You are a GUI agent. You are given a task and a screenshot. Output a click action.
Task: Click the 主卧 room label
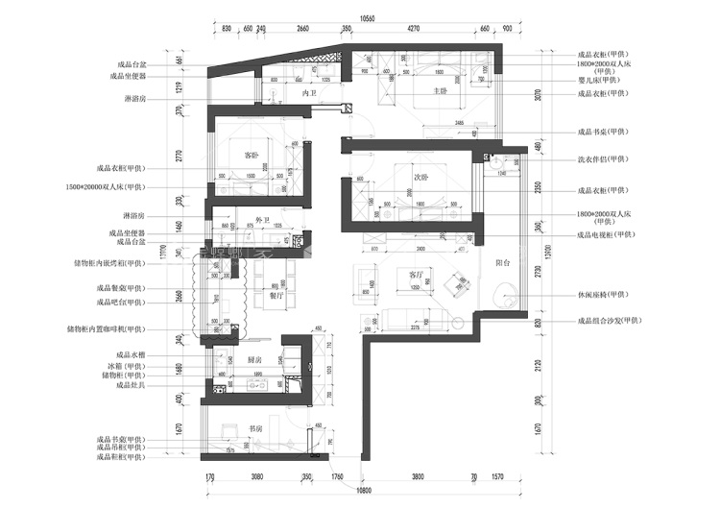click(x=441, y=92)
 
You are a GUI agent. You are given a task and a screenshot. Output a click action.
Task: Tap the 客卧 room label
click(x=252, y=155)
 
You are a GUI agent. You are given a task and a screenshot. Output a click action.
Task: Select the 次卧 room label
click(x=420, y=178)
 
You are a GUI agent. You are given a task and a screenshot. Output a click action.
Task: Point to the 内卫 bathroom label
click(x=309, y=94)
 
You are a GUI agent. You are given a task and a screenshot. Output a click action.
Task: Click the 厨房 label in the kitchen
click(x=255, y=359)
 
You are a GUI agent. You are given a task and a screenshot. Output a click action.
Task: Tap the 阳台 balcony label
click(x=501, y=261)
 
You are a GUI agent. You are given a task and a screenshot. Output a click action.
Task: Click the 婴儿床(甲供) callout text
click(x=604, y=82)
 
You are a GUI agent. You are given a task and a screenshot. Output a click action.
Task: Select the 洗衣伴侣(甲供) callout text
click(x=604, y=158)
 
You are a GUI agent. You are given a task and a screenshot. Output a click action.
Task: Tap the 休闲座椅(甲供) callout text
click(x=604, y=295)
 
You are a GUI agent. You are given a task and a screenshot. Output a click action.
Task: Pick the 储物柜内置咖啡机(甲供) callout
click(x=106, y=328)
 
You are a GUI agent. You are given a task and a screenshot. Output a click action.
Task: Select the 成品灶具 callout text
click(x=130, y=384)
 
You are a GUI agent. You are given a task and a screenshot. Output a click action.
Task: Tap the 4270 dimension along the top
click(x=413, y=30)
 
